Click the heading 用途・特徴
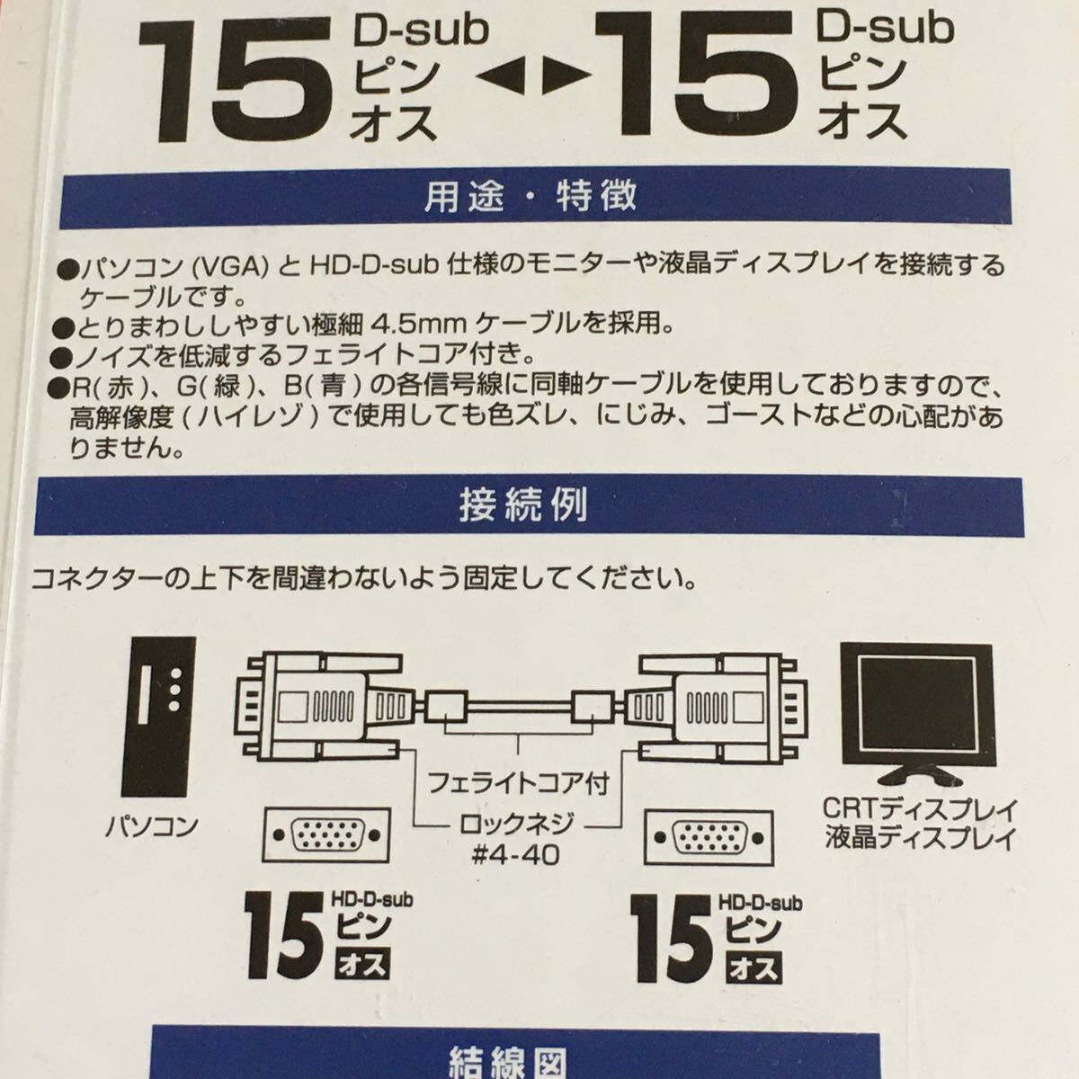click(531, 197)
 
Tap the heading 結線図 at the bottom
click(515, 1062)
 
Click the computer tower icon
click(158, 717)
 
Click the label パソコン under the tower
click(152, 826)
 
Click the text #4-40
click(516, 856)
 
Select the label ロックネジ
click(516, 825)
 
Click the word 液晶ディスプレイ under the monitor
click(920, 837)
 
